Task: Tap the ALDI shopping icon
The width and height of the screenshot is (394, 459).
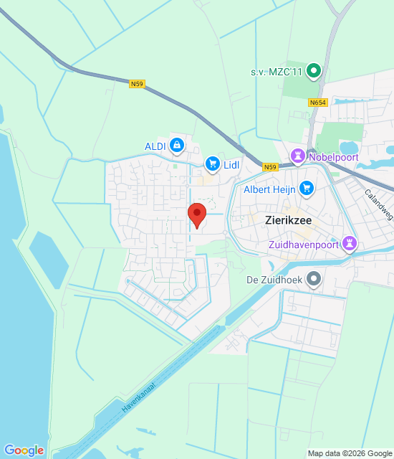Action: coord(176,146)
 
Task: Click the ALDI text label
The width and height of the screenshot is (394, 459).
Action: coord(155,146)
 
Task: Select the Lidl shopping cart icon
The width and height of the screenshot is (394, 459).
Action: coord(212,164)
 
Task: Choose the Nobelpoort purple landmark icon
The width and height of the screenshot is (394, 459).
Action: coord(297,156)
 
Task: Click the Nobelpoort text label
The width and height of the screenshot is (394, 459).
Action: coord(332,156)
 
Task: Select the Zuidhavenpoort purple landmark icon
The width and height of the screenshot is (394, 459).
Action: coord(349,244)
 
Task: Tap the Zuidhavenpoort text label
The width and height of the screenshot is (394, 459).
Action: coord(304,245)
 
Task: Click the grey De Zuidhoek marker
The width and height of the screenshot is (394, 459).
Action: coord(313,278)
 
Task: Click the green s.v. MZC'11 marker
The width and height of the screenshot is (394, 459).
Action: coord(313,71)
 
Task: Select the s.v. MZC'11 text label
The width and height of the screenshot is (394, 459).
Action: coord(277,72)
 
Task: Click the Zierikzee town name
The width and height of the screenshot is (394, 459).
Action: coord(286,221)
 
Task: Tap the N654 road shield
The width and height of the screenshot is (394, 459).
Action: coord(318,103)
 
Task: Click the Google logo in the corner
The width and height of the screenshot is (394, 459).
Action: coord(24,450)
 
